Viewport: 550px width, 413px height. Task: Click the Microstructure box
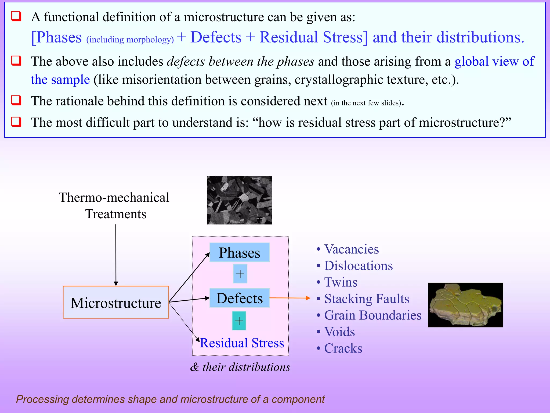[116, 302]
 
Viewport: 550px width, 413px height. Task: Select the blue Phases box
[239, 252]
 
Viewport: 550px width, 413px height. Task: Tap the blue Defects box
[239, 298]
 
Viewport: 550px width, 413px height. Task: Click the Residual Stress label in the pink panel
[242, 343]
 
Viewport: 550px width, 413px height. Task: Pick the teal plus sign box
[239, 321]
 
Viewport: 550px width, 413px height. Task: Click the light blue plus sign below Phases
[240, 274]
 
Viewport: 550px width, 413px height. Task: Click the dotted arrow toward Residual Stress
[184, 322]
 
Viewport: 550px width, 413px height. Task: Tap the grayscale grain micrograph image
[239, 200]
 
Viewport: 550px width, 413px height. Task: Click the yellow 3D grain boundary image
[465, 305]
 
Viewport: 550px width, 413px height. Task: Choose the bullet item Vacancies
[351, 249]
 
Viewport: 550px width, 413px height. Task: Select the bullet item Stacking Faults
[366, 298]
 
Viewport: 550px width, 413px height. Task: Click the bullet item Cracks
[343, 348]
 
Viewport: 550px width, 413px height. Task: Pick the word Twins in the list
[341, 282]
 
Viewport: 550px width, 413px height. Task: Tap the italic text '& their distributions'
[240, 367]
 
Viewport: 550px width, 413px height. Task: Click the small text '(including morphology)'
[130, 40]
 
